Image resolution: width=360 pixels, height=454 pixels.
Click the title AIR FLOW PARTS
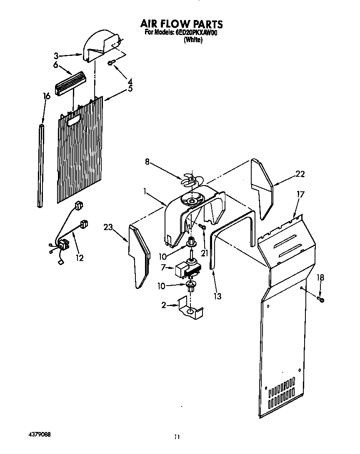(x=181, y=24)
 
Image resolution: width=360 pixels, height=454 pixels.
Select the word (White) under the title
(x=193, y=40)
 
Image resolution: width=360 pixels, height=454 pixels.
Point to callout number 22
(x=300, y=174)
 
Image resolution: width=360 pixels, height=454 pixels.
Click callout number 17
(x=300, y=194)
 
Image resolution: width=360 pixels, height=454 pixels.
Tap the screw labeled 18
(x=321, y=299)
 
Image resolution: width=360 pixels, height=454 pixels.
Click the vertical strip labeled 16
(x=40, y=165)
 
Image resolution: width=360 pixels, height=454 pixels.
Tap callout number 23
(x=108, y=227)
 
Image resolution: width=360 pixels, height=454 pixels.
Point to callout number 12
(x=79, y=258)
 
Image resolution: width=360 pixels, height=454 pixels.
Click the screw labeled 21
(x=202, y=226)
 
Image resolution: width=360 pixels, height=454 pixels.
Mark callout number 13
(x=217, y=296)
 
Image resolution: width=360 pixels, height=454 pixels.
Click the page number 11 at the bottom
(x=177, y=437)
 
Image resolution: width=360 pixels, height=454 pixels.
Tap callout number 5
(x=130, y=88)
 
